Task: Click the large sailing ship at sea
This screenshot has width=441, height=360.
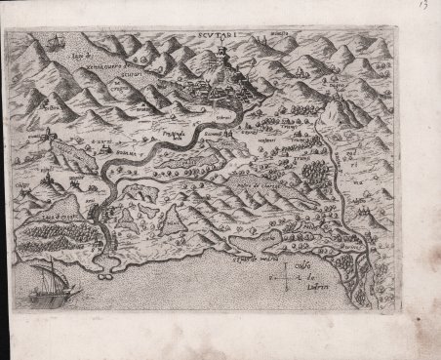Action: (47, 285)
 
